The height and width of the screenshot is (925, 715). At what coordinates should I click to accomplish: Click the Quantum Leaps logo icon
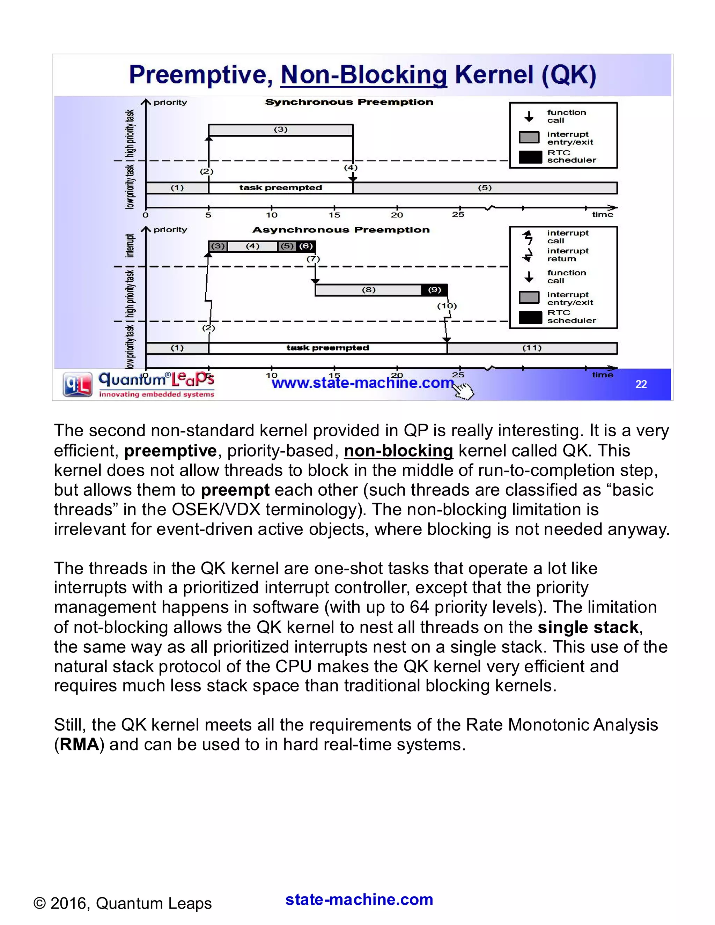[x=78, y=384]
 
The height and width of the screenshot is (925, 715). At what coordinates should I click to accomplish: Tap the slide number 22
[x=641, y=384]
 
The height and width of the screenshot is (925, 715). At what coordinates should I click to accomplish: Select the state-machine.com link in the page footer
[x=359, y=899]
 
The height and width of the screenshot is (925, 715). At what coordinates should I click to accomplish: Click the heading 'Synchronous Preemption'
[x=349, y=102]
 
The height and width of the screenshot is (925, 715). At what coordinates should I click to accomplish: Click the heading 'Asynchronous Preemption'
[x=341, y=230]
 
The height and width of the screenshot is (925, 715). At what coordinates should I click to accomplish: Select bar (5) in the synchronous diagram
[x=485, y=188]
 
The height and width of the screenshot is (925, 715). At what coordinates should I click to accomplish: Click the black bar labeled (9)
[x=435, y=290]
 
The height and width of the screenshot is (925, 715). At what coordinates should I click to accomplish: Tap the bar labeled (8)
[x=369, y=290]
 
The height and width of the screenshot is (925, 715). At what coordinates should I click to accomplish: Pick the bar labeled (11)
[x=532, y=348]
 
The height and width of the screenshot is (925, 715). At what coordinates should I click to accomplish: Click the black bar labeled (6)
[x=306, y=246]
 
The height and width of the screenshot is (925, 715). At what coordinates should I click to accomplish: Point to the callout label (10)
[x=447, y=306]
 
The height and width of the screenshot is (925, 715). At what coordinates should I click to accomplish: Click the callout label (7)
[x=313, y=259]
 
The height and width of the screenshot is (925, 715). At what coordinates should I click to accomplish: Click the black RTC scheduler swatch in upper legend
[x=530, y=157]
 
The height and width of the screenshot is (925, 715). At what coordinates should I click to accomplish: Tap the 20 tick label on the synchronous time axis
[x=397, y=215]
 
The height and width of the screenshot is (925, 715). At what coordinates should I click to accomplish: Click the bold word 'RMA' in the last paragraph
[x=79, y=744]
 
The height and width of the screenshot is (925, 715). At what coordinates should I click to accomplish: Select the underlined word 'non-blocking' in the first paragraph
[x=398, y=451]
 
